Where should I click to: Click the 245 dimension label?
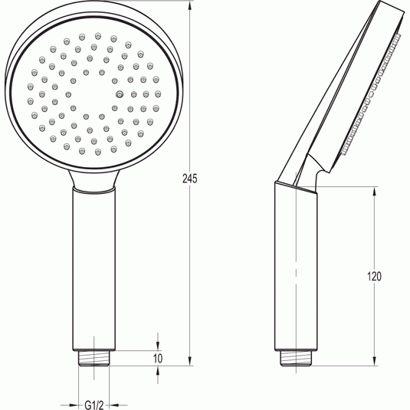[190, 179]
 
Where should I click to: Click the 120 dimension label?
[374, 277]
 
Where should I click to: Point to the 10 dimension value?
[158, 358]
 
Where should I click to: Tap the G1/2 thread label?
[94, 405]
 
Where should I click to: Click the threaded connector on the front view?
[93, 358]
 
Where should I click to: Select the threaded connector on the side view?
[296, 358]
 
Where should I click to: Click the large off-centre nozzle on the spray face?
[120, 93]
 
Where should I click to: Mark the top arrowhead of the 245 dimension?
[190, 6]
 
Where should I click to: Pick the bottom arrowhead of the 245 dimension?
[190, 361]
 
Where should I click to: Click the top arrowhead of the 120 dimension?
[375, 192]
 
